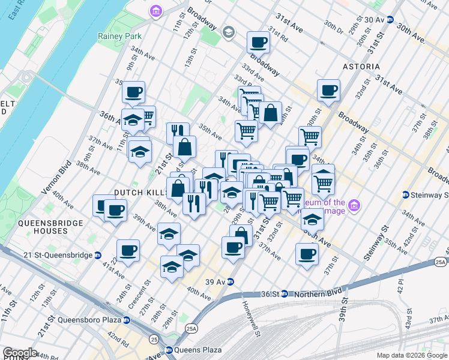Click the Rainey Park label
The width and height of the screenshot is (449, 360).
click(119, 36)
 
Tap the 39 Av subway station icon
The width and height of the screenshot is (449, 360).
click(229, 282)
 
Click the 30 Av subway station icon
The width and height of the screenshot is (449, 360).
click(390, 19)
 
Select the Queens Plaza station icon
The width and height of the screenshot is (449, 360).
click(169, 350)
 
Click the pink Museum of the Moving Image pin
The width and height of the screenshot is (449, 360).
click(355, 206)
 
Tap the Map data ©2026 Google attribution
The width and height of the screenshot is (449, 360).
click(411, 355)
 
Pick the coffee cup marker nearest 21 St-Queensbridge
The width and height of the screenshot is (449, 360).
click(128, 251)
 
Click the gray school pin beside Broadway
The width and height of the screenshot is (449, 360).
click(228, 31)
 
